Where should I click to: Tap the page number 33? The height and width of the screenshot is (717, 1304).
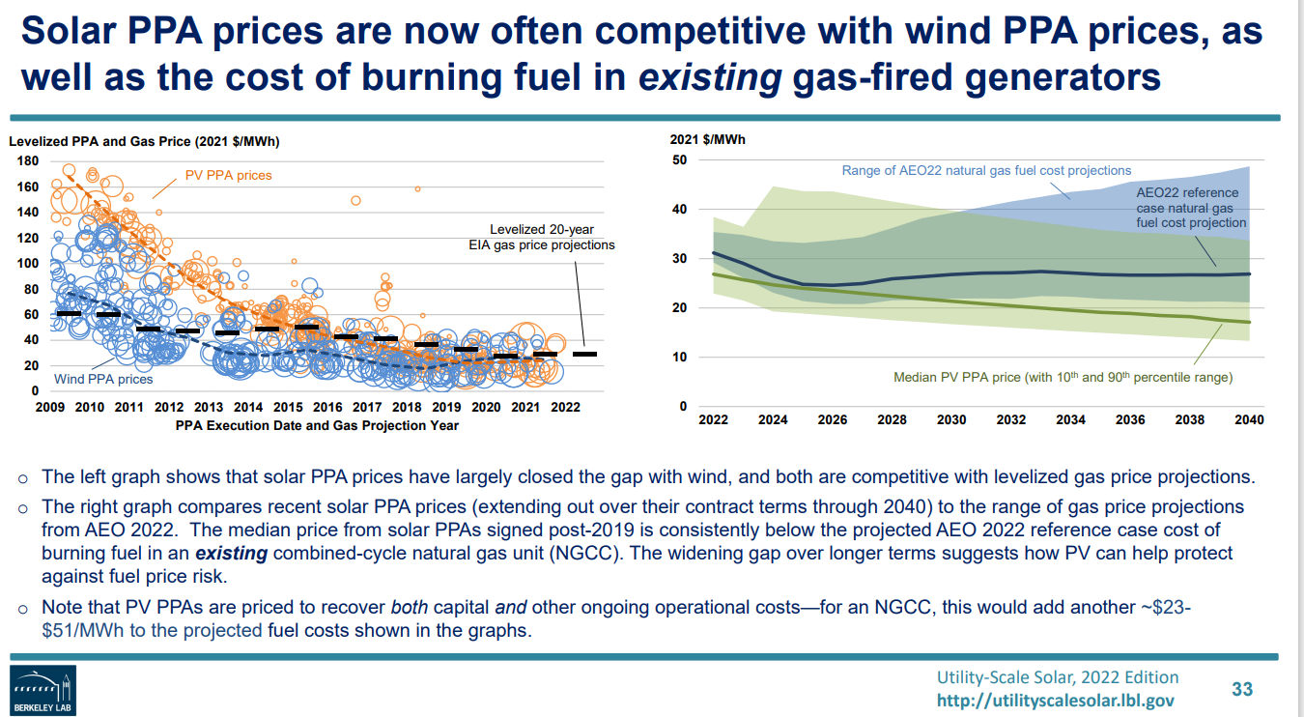(x=1242, y=689)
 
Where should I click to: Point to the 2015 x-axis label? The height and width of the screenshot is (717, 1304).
(x=288, y=408)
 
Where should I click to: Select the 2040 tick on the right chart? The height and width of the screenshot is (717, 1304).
(x=1249, y=420)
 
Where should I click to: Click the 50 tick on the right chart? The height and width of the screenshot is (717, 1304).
(x=679, y=159)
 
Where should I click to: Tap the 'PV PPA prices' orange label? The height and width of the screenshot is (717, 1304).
(x=229, y=176)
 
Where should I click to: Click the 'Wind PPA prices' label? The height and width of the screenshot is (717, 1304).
(x=103, y=379)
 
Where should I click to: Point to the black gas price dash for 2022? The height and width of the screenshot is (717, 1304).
(x=584, y=355)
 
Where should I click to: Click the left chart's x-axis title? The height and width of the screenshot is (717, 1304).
(x=318, y=425)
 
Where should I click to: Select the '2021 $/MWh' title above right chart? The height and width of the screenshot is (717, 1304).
(x=707, y=139)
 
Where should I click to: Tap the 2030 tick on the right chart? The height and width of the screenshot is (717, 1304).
(x=951, y=420)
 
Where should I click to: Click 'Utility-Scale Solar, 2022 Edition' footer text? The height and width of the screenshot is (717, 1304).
(x=1058, y=677)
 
